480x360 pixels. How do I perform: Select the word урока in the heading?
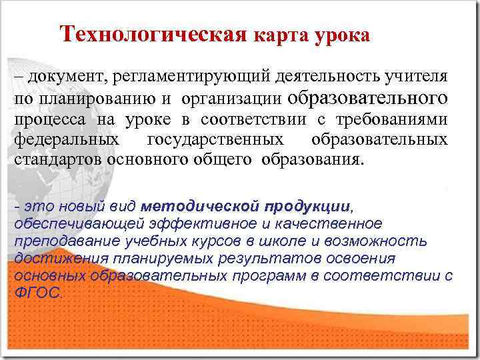click(341, 34)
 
